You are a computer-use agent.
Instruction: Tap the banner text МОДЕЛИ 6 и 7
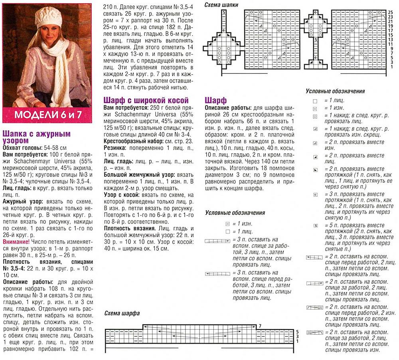pyautogui.click(x=48, y=115)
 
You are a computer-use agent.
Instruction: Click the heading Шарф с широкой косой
pyautogui.click(x=146, y=101)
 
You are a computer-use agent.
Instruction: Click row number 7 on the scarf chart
pyautogui.click(x=260, y=326)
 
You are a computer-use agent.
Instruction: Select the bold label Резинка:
pyautogui.click(x=115, y=148)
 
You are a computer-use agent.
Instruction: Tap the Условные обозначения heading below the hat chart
pyautogui.click(x=335, y=91)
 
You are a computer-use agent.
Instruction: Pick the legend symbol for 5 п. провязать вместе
pyautogui.click(x=315, y=226)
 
